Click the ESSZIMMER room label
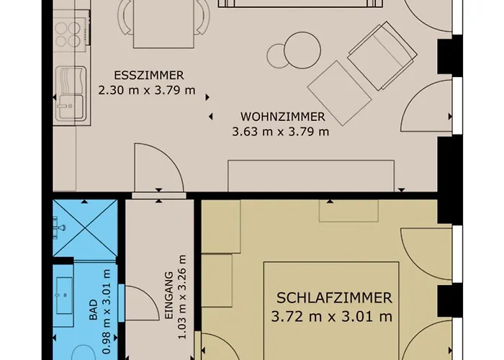(149, 75)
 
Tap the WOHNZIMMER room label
(282, 117)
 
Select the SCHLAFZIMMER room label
(334, 298)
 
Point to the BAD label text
(93, 310)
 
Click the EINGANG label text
(169, 295)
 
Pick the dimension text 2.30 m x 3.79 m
(147, 90)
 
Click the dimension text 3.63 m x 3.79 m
(281, 132)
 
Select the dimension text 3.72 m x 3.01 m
(332, 317)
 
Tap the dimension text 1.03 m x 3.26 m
(182, 297)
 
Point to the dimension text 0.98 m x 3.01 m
(107, 312)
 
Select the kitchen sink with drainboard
(71, 94)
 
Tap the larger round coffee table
(302, 50)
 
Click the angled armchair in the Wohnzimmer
(382, 56)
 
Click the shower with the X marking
(85, 228)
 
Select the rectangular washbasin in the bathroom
(64, 296)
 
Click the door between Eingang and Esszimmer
(159, 168)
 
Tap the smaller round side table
(276, 56)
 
